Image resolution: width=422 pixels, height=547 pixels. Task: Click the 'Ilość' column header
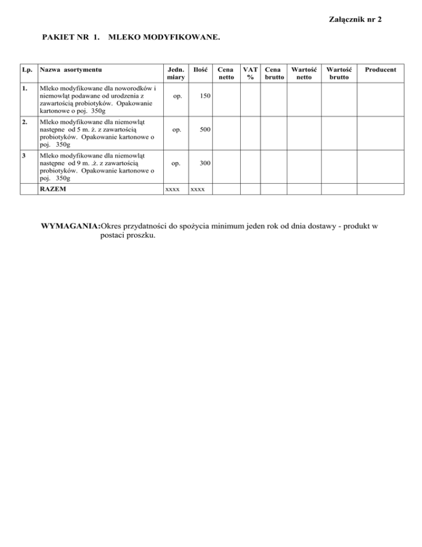(x=200, y=70)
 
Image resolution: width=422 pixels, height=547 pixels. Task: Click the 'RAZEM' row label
(x=49, y=189)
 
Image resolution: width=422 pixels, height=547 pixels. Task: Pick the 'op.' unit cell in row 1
(x=175, y=96)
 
